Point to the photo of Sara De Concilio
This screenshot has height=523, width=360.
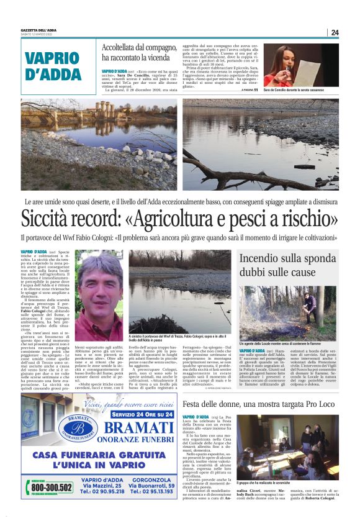(x=300, y=64)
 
